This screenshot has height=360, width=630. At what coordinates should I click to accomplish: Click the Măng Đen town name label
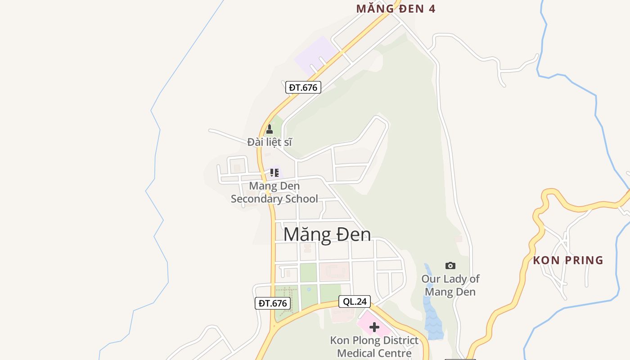coord(327,234)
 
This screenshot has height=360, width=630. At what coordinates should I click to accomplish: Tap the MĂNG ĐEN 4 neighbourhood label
coord(396,9)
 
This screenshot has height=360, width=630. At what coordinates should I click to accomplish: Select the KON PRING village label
coord(568,260)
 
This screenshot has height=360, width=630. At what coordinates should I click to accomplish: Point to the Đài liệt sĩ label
coord(270,142)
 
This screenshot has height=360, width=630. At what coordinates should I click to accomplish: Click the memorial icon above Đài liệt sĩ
coord(270,130)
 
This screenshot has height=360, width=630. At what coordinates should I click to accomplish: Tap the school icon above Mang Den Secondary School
coord(274,172)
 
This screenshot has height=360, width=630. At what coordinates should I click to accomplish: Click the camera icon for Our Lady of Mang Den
coord(450,265)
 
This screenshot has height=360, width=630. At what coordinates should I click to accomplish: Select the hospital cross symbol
coord(374,327)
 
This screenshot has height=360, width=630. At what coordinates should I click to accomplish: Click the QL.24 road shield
coord(355,301)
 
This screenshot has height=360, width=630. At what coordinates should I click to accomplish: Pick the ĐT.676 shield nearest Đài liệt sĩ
coord(303,87)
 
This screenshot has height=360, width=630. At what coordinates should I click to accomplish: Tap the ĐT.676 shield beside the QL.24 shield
coord(273,303)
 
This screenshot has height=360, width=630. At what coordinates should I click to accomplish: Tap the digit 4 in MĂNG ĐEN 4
coord(432,9)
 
